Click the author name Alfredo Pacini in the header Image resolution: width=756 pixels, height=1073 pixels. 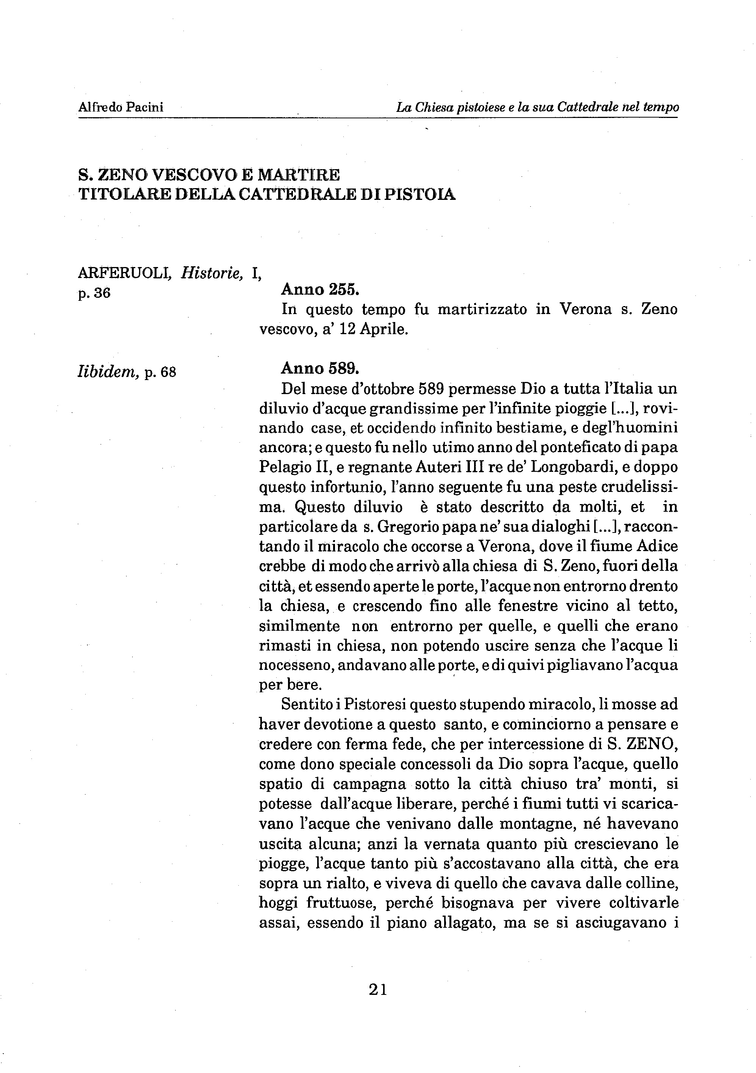tap(121, 107)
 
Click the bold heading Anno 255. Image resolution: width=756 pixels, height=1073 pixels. tap(320, 290)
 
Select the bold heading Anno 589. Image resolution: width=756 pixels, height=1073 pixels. tap(320, 369)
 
